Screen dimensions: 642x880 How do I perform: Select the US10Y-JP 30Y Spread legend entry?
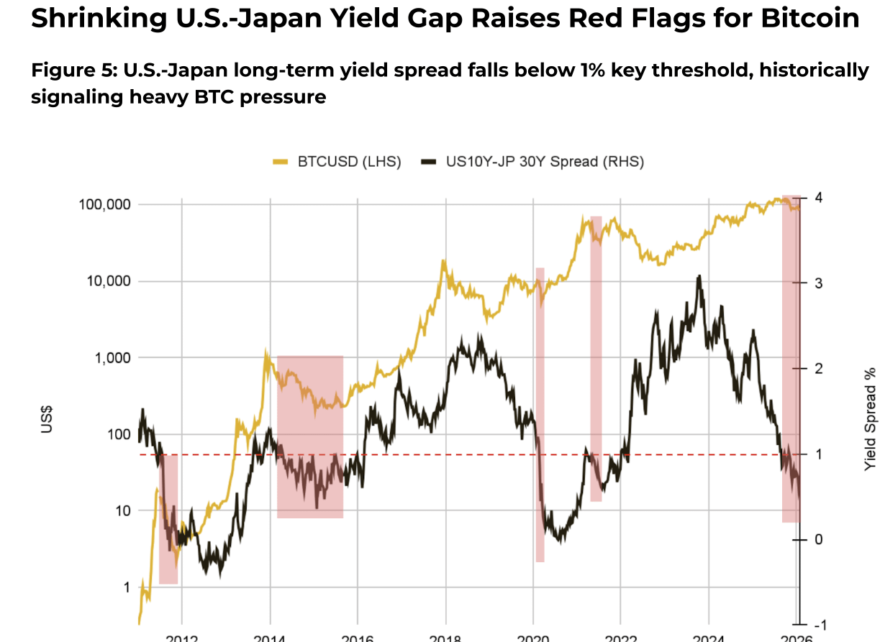click(x=533, y=161)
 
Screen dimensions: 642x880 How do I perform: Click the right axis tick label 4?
click(x=817, y=198)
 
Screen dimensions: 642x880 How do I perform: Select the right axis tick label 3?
click(x=817, y=283)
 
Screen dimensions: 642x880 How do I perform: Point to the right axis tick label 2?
click(x=817, y=369)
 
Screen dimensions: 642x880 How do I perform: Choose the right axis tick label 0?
click(x=817, y=540)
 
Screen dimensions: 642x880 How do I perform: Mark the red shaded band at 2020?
click(x=540, y=415)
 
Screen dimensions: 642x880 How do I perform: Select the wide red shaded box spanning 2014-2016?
click(x=310, y=436)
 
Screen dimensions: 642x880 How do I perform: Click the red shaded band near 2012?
click(x=168, y=519)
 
